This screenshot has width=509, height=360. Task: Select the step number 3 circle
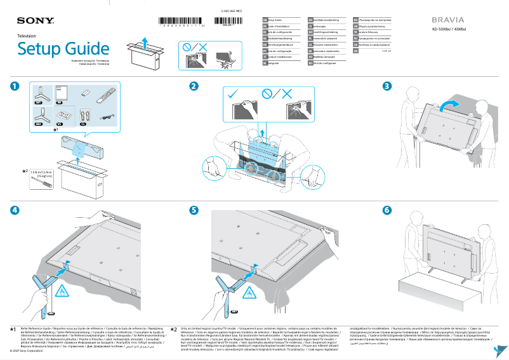pos(387,86)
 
